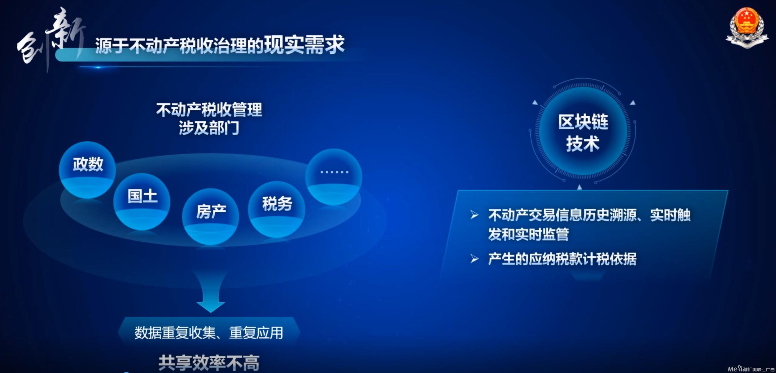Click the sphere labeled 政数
coord(87,170)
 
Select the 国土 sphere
coord(142,202)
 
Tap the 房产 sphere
coord(211,217)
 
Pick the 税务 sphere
coord(277,210)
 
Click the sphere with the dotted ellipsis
coord(334,177)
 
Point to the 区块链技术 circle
coord(583,131)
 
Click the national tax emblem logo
coord(747,28)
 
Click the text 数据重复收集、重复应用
coord(208,333)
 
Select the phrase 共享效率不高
coord(209,363)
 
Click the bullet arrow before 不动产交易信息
coord(474,215)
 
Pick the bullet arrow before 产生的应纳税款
coord(474,259)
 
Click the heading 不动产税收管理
coord(209,109)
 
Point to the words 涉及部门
coord(209,128)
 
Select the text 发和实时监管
coord(528,234)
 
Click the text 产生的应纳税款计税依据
coord(562,259)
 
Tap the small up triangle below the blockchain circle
coord(580,187)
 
